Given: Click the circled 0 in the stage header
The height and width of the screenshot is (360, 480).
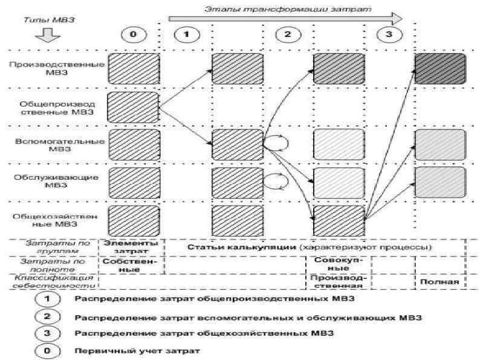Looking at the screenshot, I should coord(133,34).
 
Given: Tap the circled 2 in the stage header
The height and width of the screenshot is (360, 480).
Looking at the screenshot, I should coord(288,34).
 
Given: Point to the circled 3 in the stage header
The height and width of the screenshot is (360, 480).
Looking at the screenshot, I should coord(388,34).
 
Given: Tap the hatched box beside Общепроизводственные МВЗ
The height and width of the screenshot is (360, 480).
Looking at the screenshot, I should coord(133,107).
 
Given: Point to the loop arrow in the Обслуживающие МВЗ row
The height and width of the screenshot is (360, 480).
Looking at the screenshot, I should coord(276,180).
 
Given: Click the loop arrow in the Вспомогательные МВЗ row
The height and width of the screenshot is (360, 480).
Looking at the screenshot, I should coord(276,143).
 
